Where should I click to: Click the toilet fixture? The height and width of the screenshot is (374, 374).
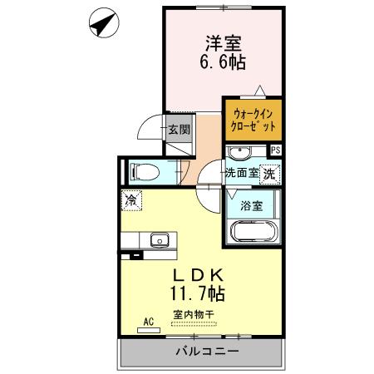[143, 173]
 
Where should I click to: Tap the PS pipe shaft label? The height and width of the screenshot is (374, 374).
[275, 150]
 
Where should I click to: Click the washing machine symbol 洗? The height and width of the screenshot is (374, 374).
[269, 174]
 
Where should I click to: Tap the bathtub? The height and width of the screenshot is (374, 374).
[253, 231]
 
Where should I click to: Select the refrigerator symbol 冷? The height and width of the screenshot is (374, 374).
[130, 199]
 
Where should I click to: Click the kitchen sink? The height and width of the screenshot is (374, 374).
[157, 240]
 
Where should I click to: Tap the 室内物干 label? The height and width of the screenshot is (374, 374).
[193, 313]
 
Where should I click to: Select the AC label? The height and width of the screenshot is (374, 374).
[149, 320]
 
